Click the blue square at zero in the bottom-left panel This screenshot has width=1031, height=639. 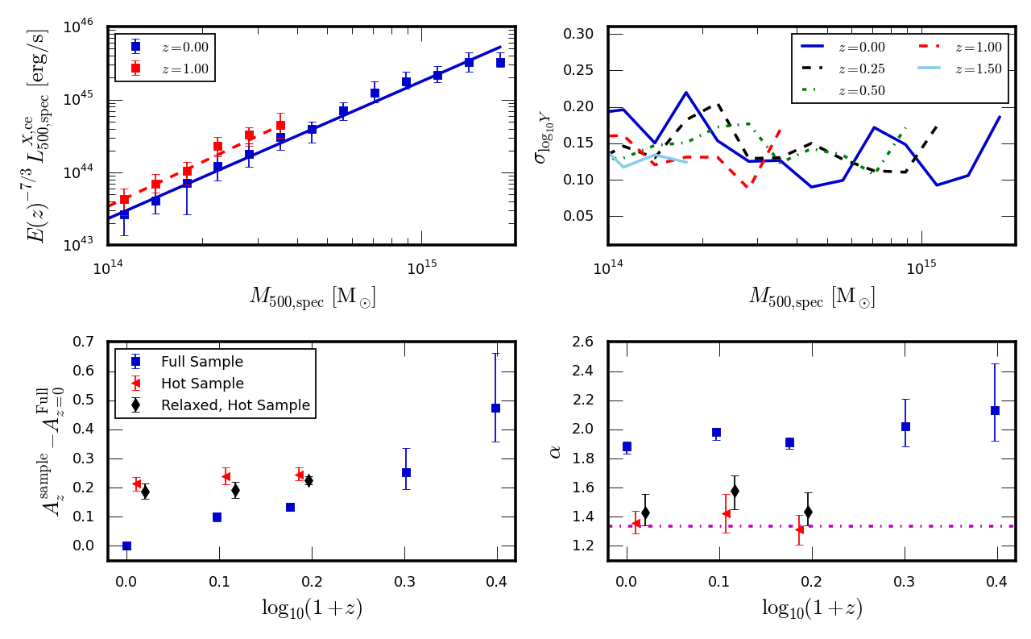coord(126,546)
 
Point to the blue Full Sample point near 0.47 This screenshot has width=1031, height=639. coord(495,408)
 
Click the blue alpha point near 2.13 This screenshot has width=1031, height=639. coord(995,410)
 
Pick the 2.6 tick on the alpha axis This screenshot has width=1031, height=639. coord(584,342)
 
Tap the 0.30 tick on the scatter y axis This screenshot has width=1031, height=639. coord(578,34)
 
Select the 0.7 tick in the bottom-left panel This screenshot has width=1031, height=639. coord(85,342)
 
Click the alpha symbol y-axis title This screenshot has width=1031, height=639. coord(554,451)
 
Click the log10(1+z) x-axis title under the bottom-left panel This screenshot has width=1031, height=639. coord(312,607)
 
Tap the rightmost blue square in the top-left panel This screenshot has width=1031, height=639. coord(500,62)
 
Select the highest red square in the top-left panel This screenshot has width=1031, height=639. coord(280,125)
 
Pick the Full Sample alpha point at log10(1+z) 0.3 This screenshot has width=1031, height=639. coord(905,426)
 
